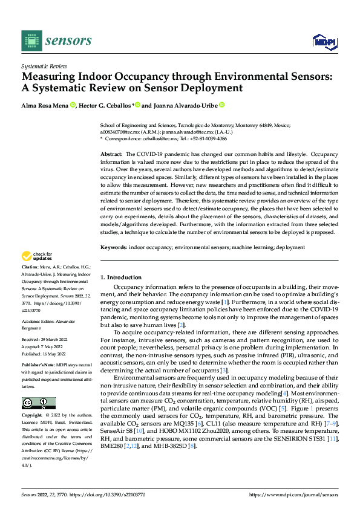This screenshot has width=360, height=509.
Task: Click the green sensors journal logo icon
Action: pyautogui.click(x=31, y=41)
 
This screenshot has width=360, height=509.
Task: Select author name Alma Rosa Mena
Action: pyautogui.click(x=45, y=105)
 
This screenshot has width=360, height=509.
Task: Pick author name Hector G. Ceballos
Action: pyautogui.click(x=106, y=105)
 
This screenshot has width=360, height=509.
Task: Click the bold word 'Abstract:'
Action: pyautogui.click(x=111, y=155)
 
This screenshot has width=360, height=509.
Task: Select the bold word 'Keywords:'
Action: pyautogui.click(x=114, y=247)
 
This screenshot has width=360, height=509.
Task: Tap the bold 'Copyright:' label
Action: pyautogui.click(x=32, y=416)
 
